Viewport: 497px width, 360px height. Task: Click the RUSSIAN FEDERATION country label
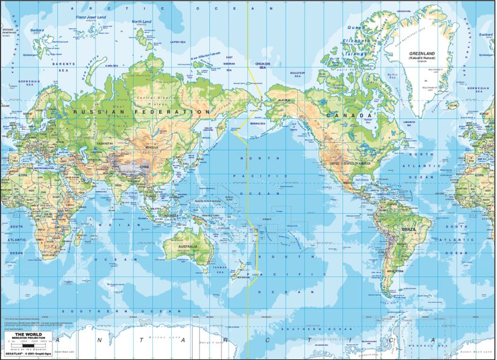click(x=142, y=112)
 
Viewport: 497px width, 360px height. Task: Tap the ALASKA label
click(x=283, y=100)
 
